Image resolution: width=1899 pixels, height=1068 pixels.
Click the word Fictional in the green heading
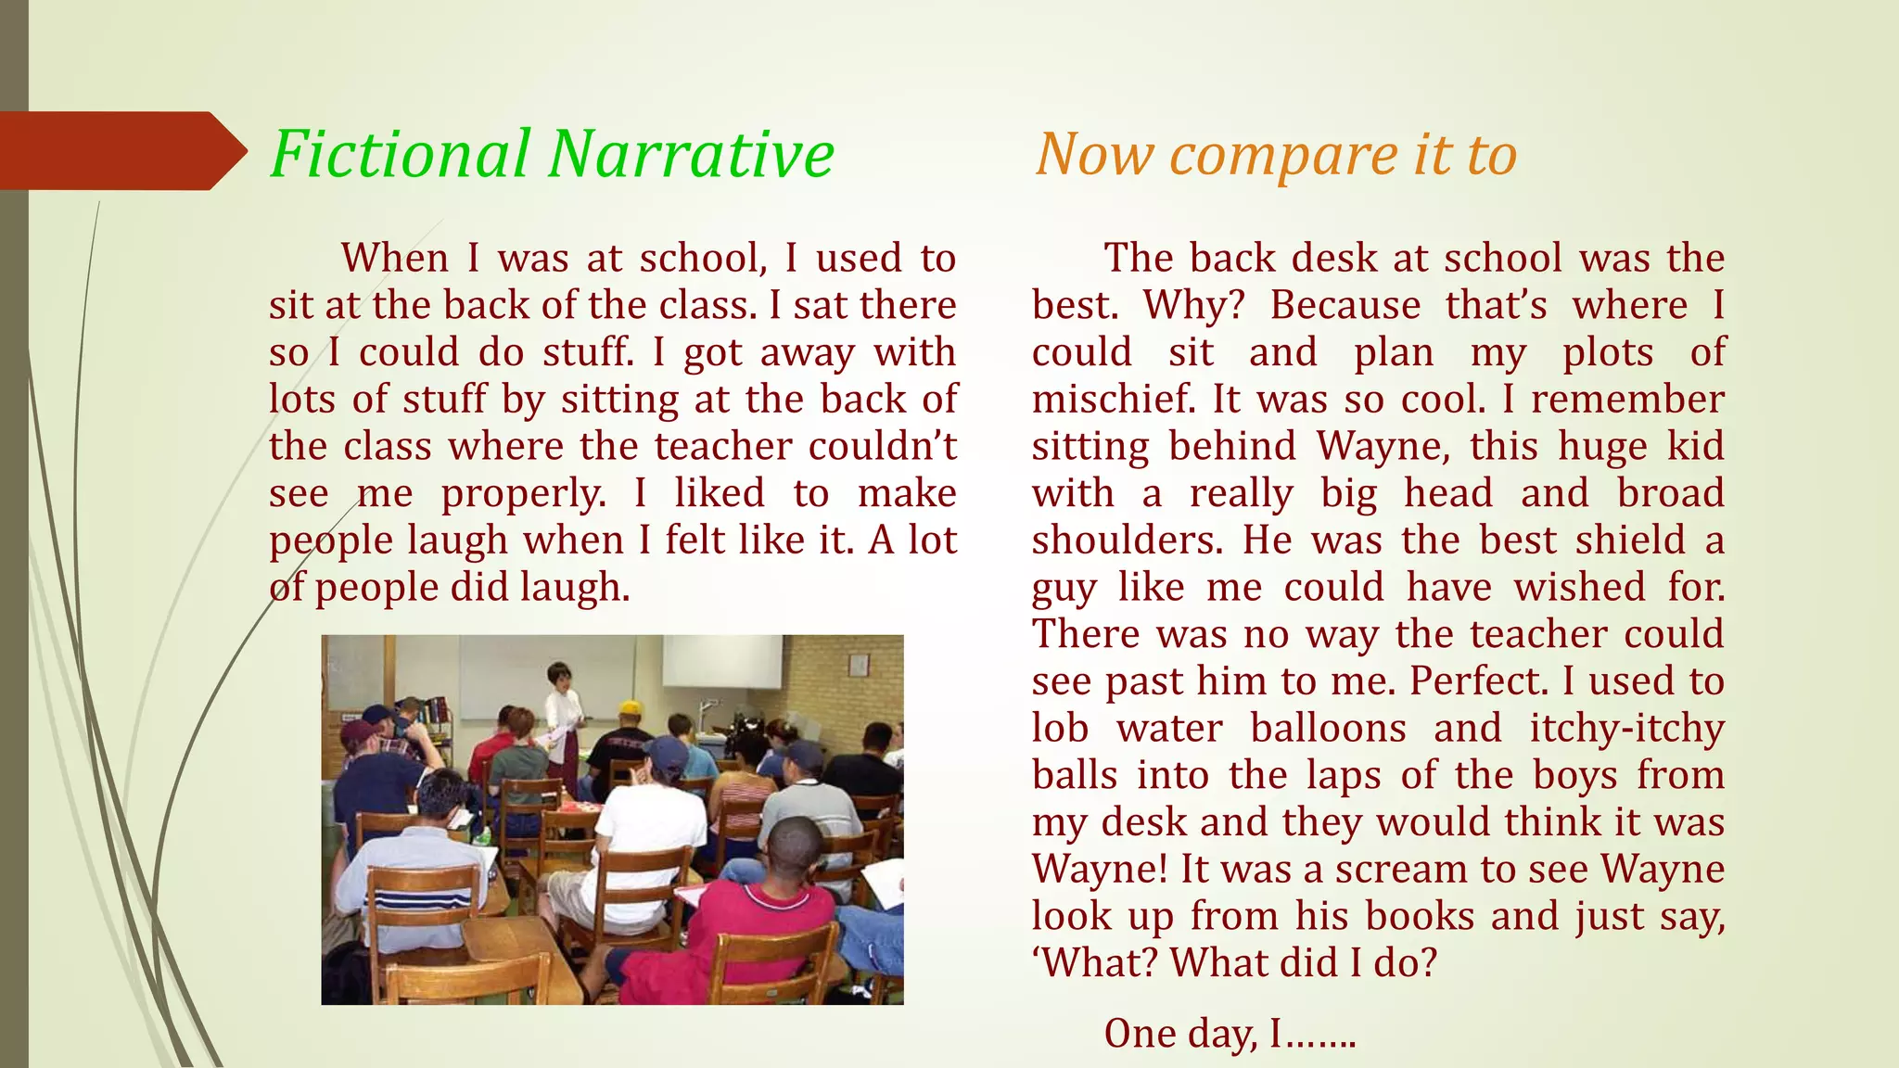tap(401, 154)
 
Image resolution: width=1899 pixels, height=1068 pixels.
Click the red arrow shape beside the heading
tap(121, 150)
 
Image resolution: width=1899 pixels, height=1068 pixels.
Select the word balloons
tap(1328, 729)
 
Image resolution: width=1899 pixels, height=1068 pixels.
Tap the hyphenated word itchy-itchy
tap(1626, 729)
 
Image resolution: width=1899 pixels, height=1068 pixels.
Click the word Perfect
tap(1479, 681)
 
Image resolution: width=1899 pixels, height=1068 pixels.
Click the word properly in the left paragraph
tap(523, 494)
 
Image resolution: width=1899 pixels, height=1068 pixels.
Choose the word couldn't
tap(882, 447)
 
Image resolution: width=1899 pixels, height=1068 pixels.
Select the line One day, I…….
tap(1230, 1034)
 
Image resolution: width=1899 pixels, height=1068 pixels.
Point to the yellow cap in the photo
tap(631, 708)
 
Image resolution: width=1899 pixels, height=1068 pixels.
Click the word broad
tap(1670, 494)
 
